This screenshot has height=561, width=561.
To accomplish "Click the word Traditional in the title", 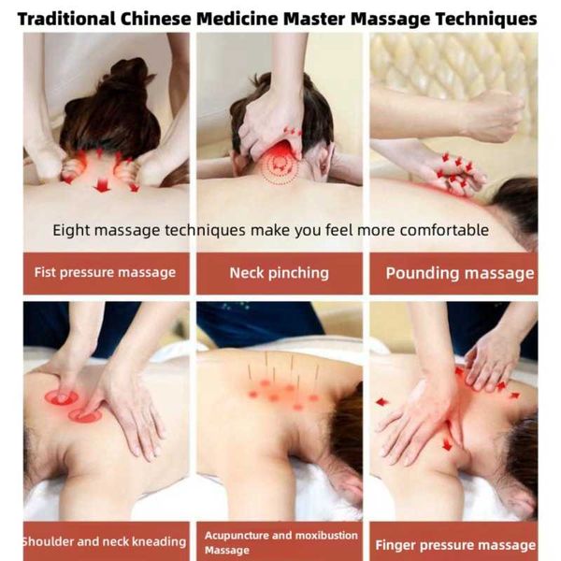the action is (x=66, y=19).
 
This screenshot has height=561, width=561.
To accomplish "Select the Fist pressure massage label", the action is (x=105, y=273).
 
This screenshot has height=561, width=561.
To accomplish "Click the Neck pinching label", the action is (x=279, y=273).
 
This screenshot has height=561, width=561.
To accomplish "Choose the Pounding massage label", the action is (x=460, y=274).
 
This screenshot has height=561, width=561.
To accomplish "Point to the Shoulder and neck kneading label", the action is (x=105, y=541).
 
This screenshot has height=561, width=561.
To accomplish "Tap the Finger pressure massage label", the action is (x=455, y=545).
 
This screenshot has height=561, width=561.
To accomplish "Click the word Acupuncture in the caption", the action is (x=237, y=535).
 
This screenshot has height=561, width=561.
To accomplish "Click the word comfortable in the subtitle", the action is (x=444, y=230).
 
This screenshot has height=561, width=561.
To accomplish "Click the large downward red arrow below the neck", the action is (x=102, y=185).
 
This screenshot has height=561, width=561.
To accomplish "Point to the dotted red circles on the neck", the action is (x=279, y=167).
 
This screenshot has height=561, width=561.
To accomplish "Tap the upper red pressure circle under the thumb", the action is (x=62, y=397).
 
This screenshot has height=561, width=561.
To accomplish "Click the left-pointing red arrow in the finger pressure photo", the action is (x=381, y=402).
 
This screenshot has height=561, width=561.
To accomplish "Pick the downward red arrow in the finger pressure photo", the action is (x=447, y=445).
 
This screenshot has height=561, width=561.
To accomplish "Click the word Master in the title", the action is (x=314, y=19).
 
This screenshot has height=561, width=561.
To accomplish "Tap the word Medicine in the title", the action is (x=237, y=19).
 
